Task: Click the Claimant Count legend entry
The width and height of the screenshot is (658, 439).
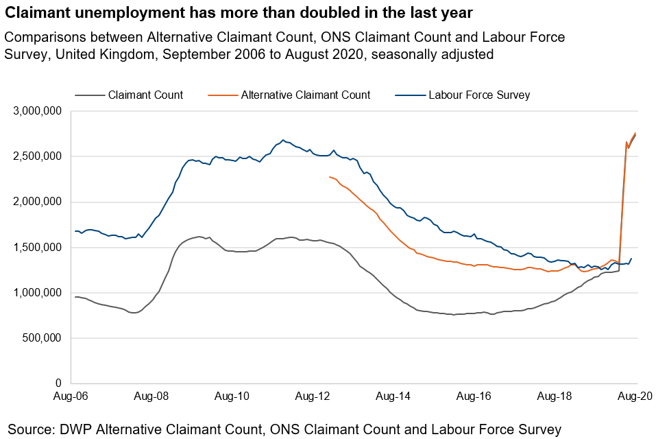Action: click(145, 95)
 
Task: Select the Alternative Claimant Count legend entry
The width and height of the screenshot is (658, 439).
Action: click(305, 95)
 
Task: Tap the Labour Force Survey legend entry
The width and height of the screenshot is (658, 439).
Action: click(478, 95)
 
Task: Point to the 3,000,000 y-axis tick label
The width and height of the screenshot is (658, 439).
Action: click(38, 111)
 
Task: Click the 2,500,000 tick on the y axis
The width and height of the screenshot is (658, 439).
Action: click(38, 156)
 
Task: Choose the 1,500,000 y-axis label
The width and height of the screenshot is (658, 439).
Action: click(38, 248)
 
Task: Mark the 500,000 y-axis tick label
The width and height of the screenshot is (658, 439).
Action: click(42, 338)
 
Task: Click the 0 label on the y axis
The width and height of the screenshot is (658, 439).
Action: click(59, 383)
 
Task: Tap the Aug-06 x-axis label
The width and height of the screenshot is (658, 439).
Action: click(72, 396)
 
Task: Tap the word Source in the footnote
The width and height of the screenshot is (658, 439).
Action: click(31, 429)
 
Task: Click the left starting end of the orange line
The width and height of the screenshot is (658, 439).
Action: click(330, 177)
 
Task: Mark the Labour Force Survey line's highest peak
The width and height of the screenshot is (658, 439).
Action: click(283, 140)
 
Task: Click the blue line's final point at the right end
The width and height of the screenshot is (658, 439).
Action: click(631, 259)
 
